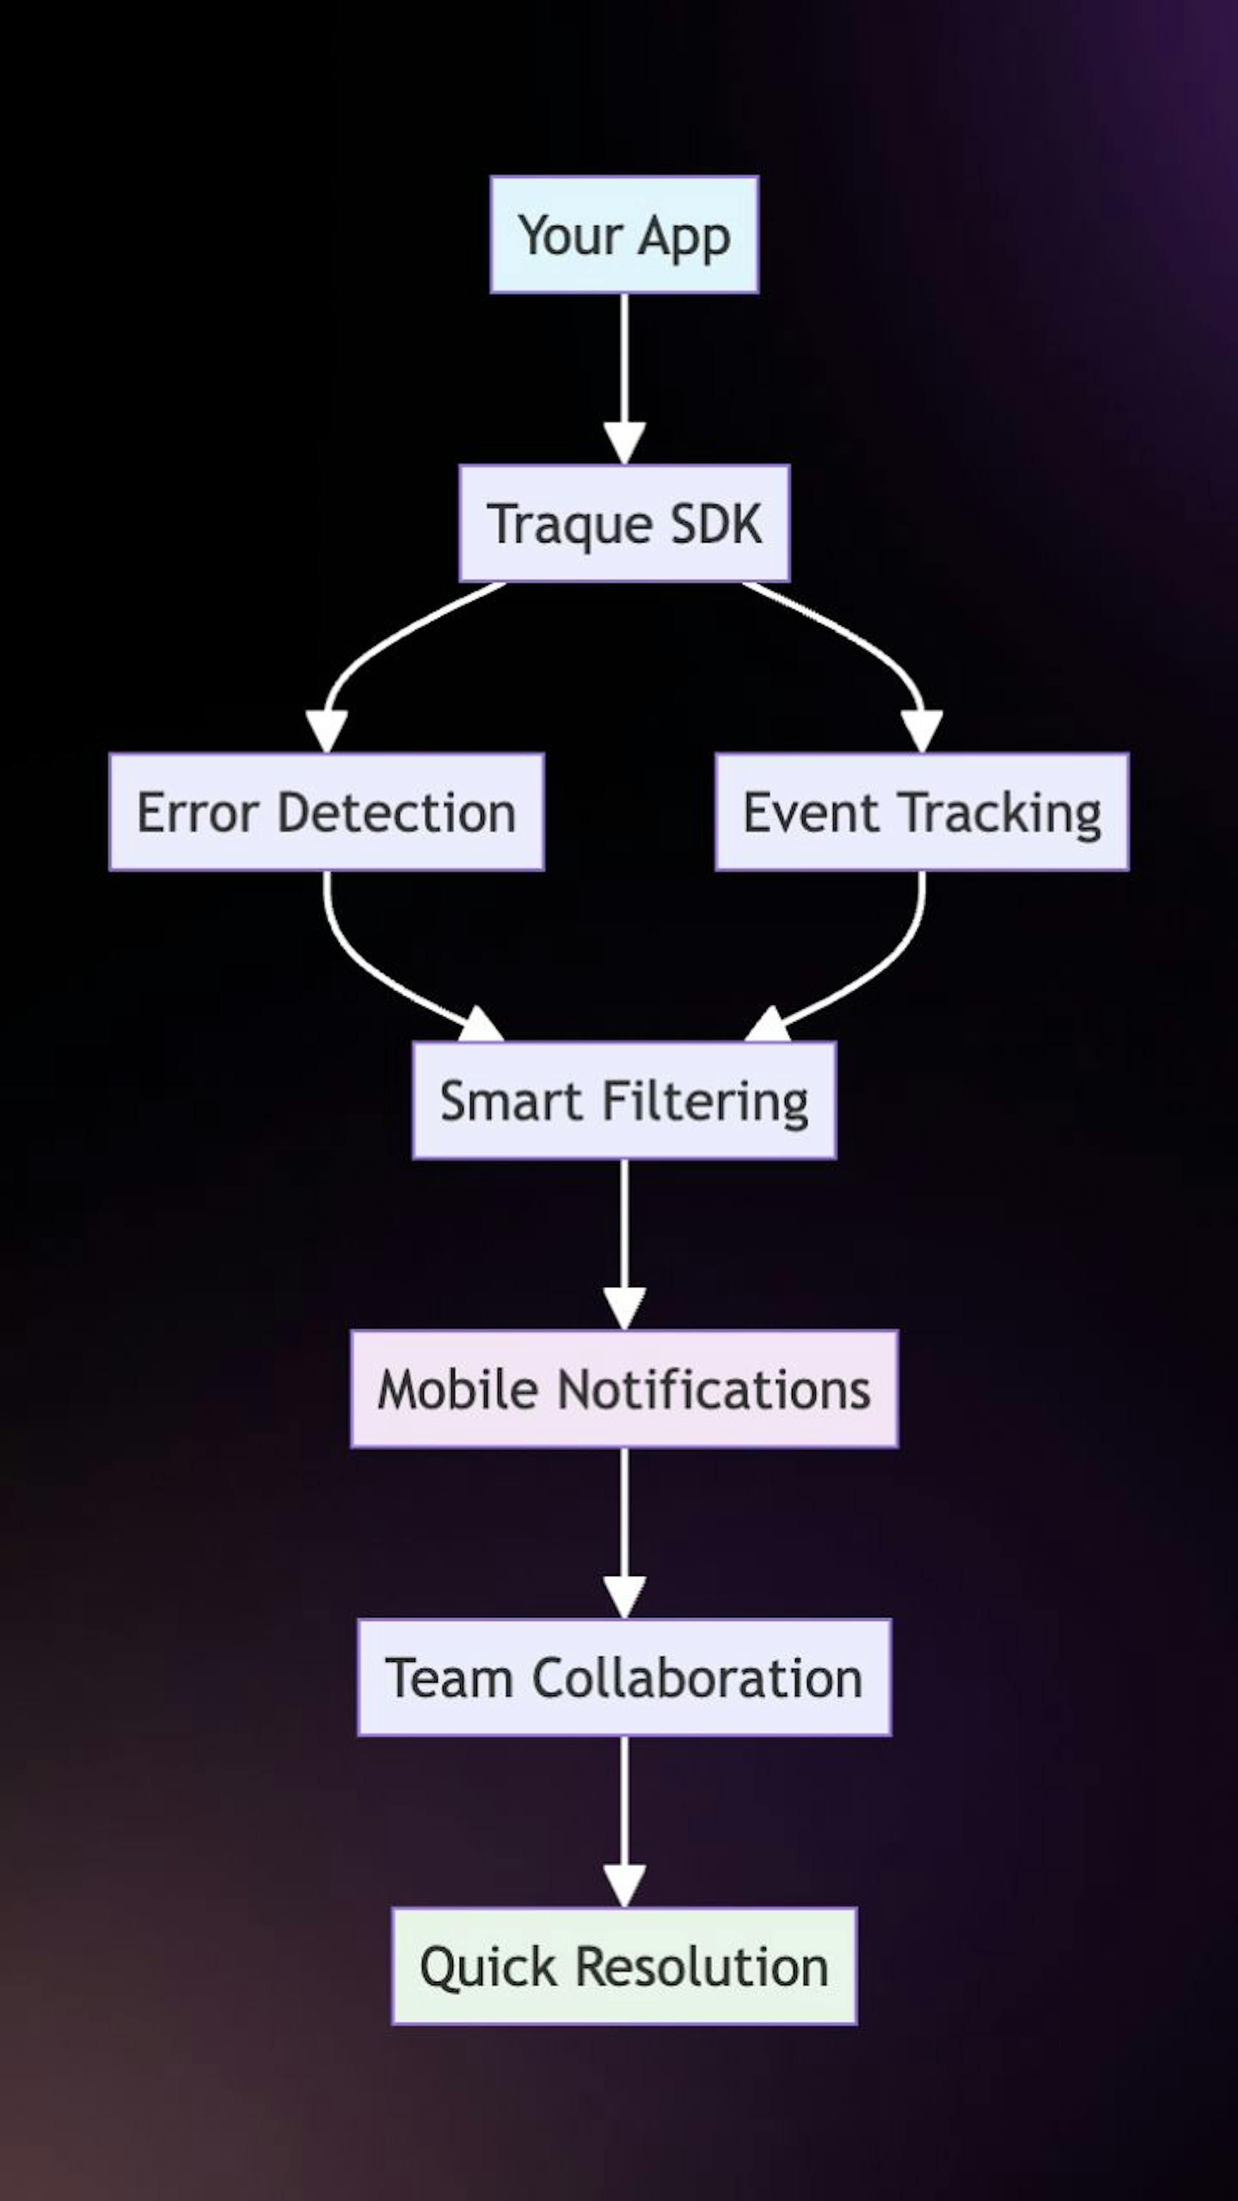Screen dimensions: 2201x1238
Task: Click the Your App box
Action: coord(624,235)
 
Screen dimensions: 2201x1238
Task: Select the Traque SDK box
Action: coord(624,523)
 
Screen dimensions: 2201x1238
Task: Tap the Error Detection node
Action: coord(326,812)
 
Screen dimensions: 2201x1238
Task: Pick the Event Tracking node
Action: coord(922,812)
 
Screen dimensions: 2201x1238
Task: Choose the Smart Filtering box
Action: coord(624,1100)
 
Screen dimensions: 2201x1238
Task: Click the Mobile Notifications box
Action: coord(624,1388)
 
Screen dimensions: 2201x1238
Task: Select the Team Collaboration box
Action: coord(624,1677)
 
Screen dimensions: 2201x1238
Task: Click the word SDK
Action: coord(716,523)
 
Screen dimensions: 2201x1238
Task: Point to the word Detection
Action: coord(397,812)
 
